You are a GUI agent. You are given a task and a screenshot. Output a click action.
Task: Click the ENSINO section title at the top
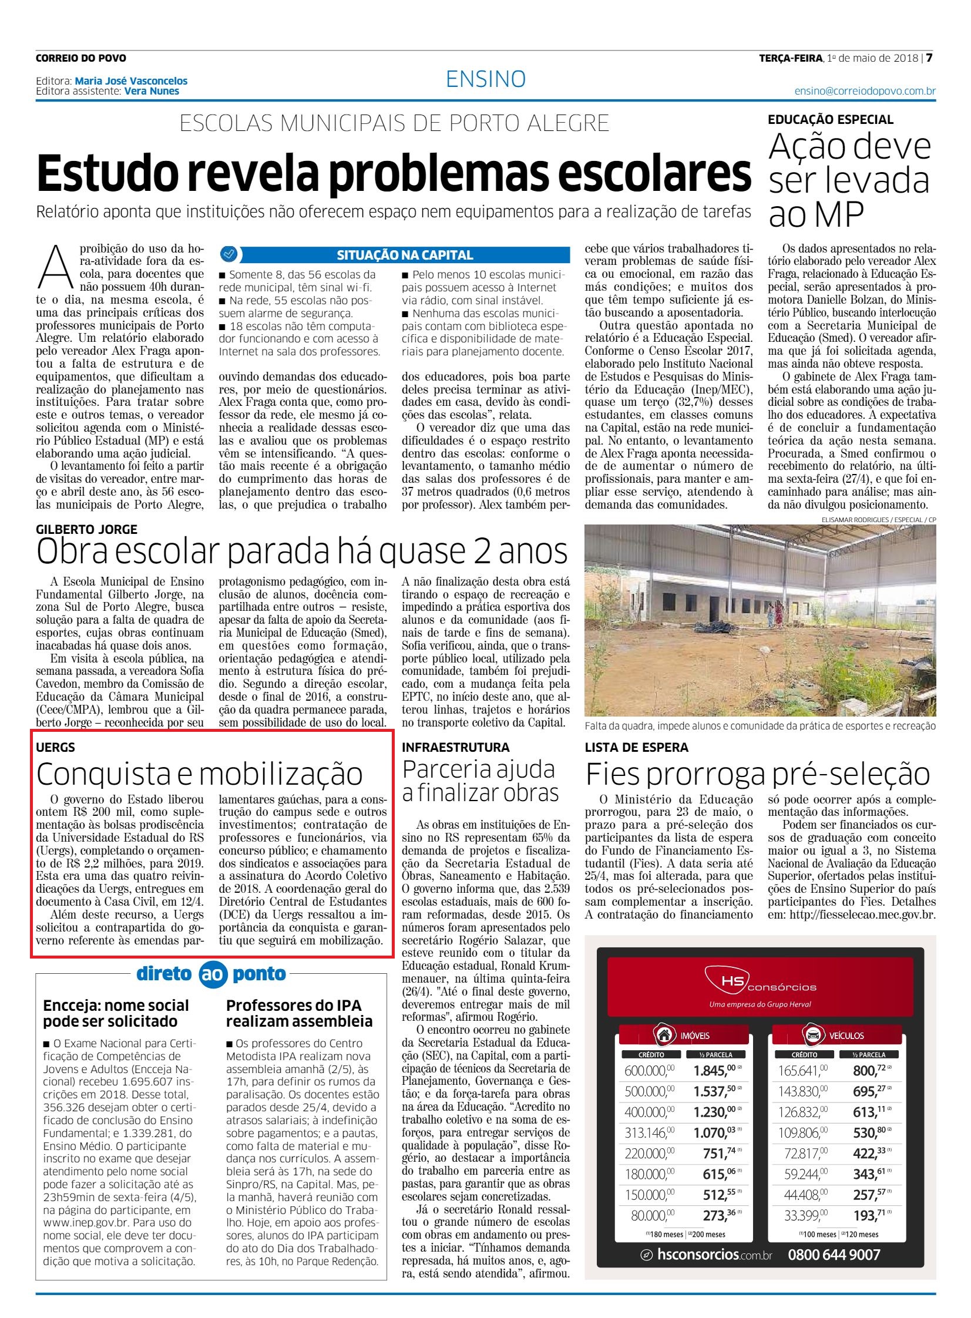click(485, 79)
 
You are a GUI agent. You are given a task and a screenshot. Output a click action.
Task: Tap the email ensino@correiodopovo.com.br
click(865, 91)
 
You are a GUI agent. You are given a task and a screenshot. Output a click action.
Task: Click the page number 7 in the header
click(930, 58)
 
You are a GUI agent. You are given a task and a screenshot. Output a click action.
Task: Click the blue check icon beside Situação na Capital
click(228, 254)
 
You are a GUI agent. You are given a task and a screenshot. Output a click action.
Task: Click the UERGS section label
click(55, 748)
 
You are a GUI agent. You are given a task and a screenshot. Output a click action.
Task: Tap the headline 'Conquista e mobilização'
click(199, 774)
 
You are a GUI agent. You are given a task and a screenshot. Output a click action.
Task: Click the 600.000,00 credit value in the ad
click(649, 1071)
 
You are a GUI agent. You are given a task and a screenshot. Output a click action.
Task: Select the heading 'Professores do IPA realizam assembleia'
click(299, 1013)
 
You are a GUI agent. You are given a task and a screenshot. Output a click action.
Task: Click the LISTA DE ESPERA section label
click(636, 748)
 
